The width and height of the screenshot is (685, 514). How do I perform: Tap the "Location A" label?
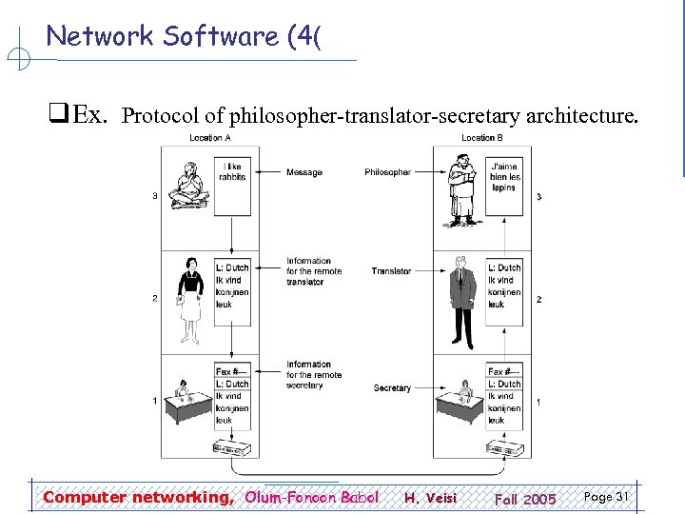(210, 138)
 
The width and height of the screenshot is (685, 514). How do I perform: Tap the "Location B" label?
(482, 138)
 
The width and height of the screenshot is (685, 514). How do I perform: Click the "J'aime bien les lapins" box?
(504, 176)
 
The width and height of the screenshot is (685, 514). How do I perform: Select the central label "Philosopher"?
(387, 172)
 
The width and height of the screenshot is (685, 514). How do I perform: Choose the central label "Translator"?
(391, 271)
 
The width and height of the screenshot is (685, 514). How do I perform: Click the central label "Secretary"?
(392, 388)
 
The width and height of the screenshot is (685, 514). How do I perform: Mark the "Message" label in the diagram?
(304, 172)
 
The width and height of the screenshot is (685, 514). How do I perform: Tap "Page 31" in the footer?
(606, 497)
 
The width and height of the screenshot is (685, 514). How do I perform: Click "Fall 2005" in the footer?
(525, 499)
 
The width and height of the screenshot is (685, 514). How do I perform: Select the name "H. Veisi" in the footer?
(430, 498)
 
